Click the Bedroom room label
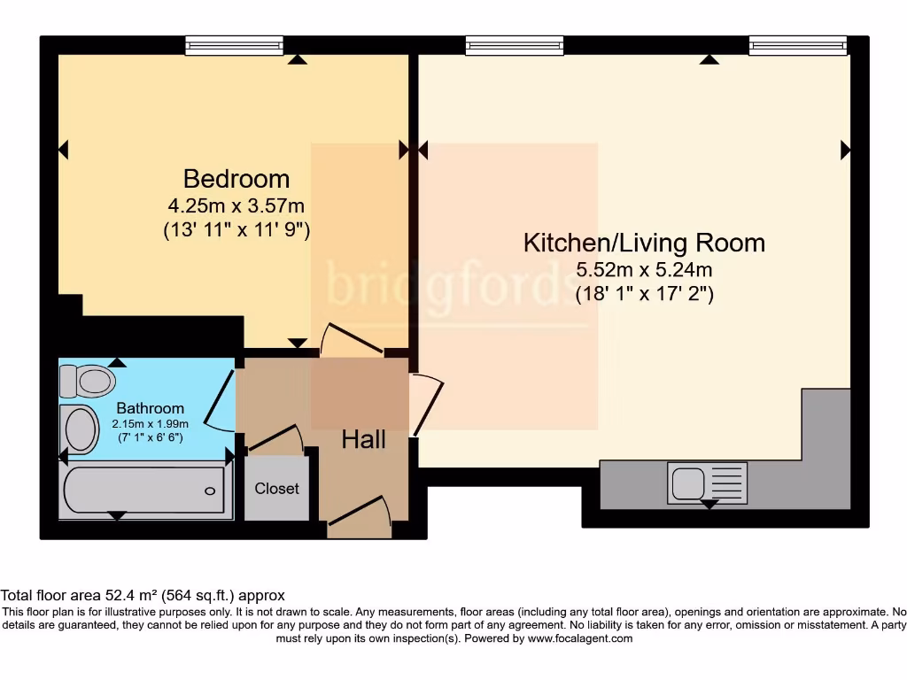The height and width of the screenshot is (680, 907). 236,179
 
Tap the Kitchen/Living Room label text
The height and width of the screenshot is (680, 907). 644,243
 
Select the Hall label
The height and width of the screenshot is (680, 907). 363,438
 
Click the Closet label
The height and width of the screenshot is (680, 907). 276,488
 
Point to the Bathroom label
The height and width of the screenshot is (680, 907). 151,408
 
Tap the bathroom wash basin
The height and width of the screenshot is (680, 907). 81,429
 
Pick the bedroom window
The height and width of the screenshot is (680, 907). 235,45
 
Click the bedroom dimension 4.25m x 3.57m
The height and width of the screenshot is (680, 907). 236,206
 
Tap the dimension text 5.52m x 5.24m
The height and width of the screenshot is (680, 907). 644,270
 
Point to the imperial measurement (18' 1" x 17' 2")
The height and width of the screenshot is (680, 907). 644,293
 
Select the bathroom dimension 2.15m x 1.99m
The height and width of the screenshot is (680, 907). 151,424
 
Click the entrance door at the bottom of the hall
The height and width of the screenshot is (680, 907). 359,517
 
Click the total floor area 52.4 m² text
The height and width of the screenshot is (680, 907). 143,596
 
